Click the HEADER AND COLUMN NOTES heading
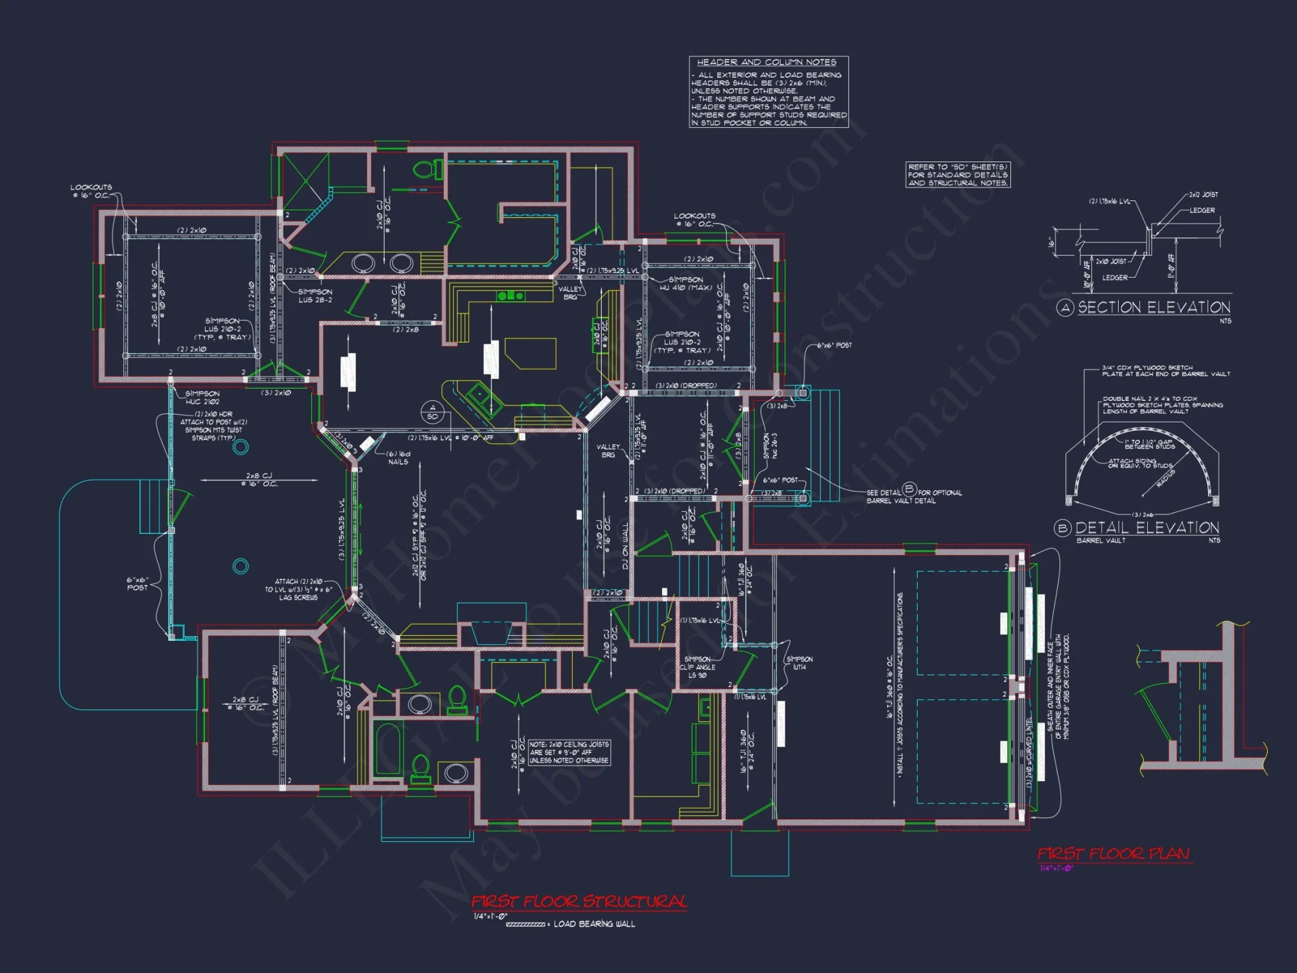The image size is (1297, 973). (766, 62)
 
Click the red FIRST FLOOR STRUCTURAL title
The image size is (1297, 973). (578, 902)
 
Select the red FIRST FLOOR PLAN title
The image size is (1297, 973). (1113, 854)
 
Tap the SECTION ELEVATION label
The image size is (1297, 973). (1154, 307)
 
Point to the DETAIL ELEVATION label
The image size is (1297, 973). (1147, 527)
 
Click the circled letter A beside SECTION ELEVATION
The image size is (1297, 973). (1065, 308)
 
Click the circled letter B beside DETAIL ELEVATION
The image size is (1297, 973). (1062, 528)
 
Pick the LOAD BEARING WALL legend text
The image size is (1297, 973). (594, 924)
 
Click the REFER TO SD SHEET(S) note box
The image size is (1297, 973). (957, 175)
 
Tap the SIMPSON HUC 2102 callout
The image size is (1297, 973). (202, 398)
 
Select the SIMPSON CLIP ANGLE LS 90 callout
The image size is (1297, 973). (697, 667)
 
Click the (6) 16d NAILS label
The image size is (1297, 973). (398, 458)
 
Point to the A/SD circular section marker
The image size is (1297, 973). (433, 412)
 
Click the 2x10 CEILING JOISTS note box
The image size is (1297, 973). (569, 752)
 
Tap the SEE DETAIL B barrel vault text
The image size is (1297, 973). (914, 496)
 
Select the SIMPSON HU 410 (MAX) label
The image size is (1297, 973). (685, 283)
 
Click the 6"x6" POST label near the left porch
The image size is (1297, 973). (137, 584)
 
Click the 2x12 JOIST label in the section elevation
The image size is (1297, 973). (1203, 195)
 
